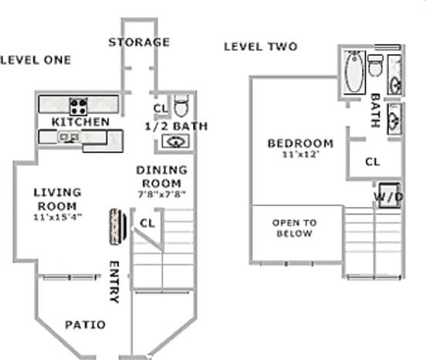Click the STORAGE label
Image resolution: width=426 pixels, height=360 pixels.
138,42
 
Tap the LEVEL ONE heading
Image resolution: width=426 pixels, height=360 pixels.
35,59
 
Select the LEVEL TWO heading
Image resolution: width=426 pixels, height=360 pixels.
260,46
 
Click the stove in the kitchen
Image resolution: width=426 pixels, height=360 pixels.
78,104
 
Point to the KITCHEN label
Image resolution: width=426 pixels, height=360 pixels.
80,122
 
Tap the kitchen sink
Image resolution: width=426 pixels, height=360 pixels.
68,137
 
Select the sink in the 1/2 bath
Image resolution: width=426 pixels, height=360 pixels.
175,141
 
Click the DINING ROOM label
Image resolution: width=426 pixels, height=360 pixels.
161,176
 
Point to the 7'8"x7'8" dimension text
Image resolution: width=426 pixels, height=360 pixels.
161,194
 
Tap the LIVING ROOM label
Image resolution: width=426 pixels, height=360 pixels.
58,199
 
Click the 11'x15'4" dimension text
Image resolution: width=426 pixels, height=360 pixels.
58,217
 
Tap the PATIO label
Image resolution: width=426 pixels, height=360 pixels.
85,324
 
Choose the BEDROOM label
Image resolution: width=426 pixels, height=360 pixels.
300,143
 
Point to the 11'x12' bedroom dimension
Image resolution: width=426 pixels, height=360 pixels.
300,155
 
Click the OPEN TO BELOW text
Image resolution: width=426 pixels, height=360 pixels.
294,228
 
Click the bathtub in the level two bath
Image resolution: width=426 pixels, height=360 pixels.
354,71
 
